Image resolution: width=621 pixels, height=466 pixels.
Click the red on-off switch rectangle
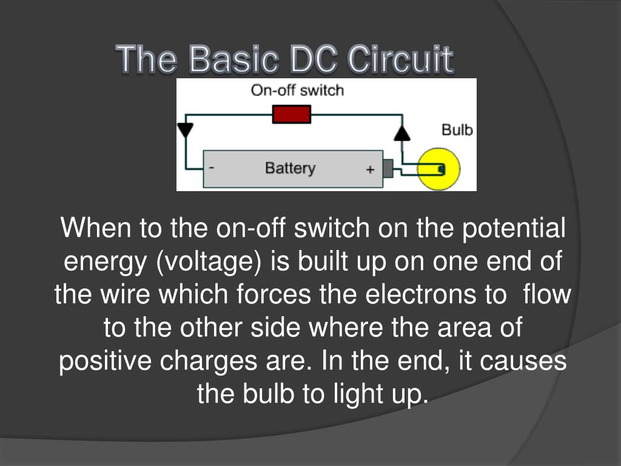[x=292, y=114]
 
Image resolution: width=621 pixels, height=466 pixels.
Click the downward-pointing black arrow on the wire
[x=185, y=130]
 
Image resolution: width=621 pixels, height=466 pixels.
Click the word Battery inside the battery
[x=290, y=168]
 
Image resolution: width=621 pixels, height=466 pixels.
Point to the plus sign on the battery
[x=370, y=171]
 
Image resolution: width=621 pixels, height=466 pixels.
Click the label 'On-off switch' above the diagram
[x=297, y=91]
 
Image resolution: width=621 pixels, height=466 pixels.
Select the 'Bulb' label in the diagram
[x=457, y=130]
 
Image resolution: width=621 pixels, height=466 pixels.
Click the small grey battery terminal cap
[x=388, y=168]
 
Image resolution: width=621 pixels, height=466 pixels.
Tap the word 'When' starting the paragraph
[x=96, y=229]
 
